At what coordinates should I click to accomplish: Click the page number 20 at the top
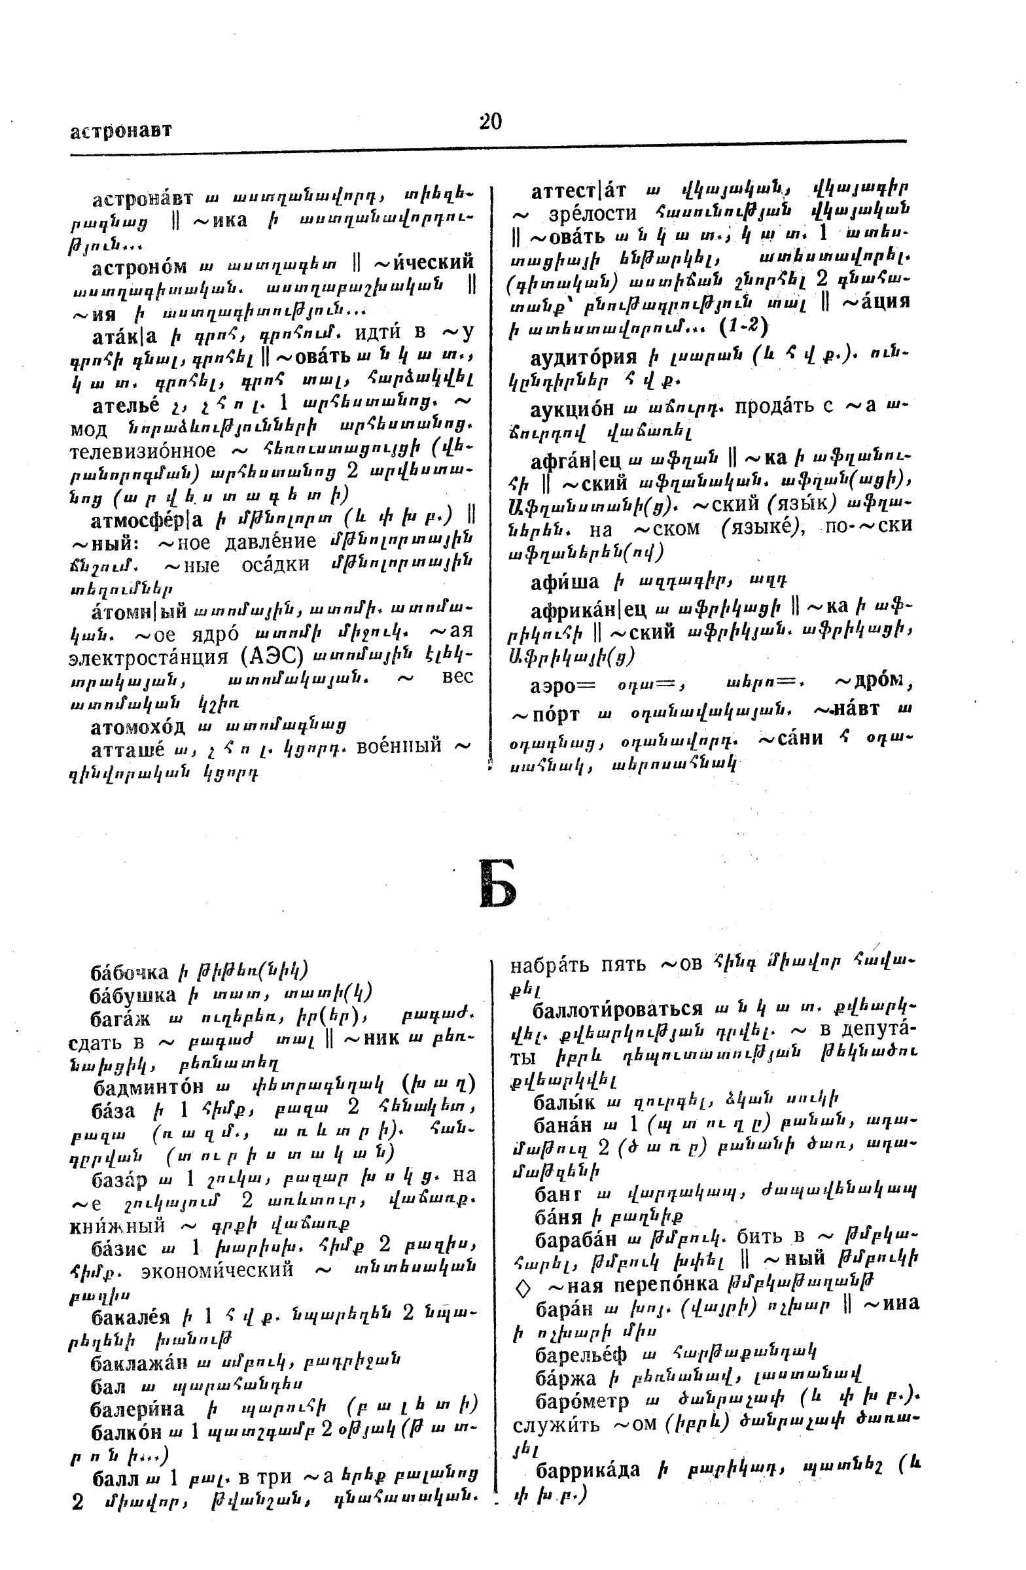tap(490, 122)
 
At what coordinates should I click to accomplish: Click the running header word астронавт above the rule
tap(121, 131)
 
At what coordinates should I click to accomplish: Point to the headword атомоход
tap(137, 726)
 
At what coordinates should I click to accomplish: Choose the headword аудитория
tap(583, 358)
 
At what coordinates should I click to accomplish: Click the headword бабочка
tap(130, 971)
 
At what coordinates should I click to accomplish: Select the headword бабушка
tap(133, 995)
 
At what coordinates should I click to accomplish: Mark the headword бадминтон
tap(147, 1086)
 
